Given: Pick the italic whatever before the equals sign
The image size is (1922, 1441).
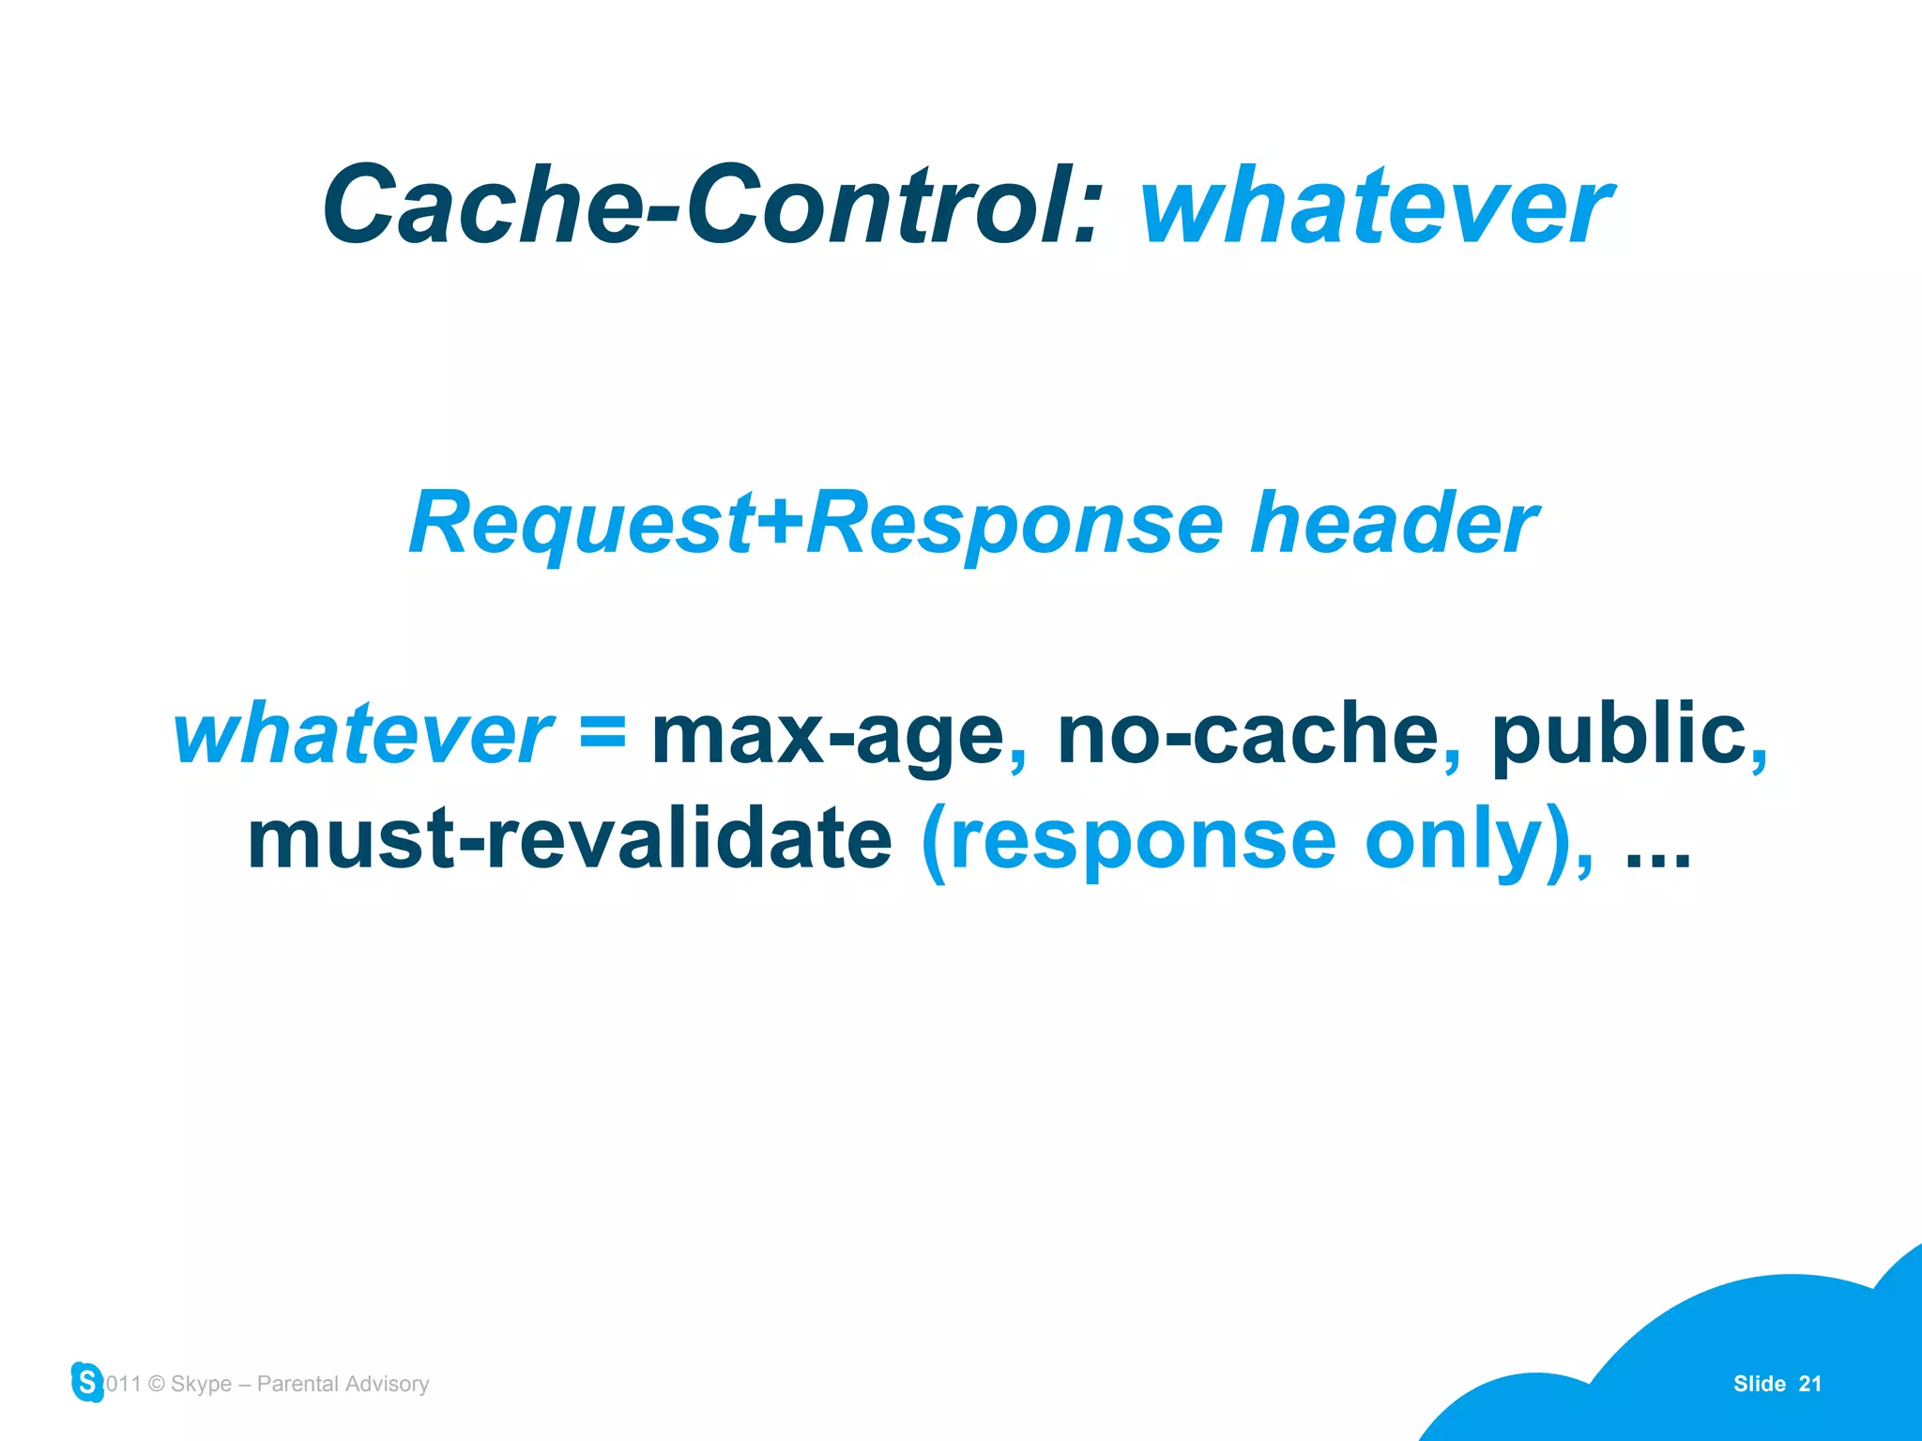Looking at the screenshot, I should [x=363, y=736].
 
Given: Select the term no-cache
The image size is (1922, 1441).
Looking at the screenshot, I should [x=1248, y=734].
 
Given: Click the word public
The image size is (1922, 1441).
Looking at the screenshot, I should [x=1618, y=734].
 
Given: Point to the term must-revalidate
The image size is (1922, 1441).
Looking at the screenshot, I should [x=569, y=839].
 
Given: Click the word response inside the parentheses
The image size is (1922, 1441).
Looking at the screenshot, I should [x=1143, y=841].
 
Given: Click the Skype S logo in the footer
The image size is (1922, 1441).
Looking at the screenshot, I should [x=87, y=1382].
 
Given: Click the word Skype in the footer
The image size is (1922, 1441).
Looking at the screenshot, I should [x=201, y=1384].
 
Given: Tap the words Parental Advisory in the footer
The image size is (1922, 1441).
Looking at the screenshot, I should [x=343, y=1384].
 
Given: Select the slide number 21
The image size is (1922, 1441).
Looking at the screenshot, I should [x=1809, y=1384].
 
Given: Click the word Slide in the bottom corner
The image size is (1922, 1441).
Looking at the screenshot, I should [x=1759, y=1384].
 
